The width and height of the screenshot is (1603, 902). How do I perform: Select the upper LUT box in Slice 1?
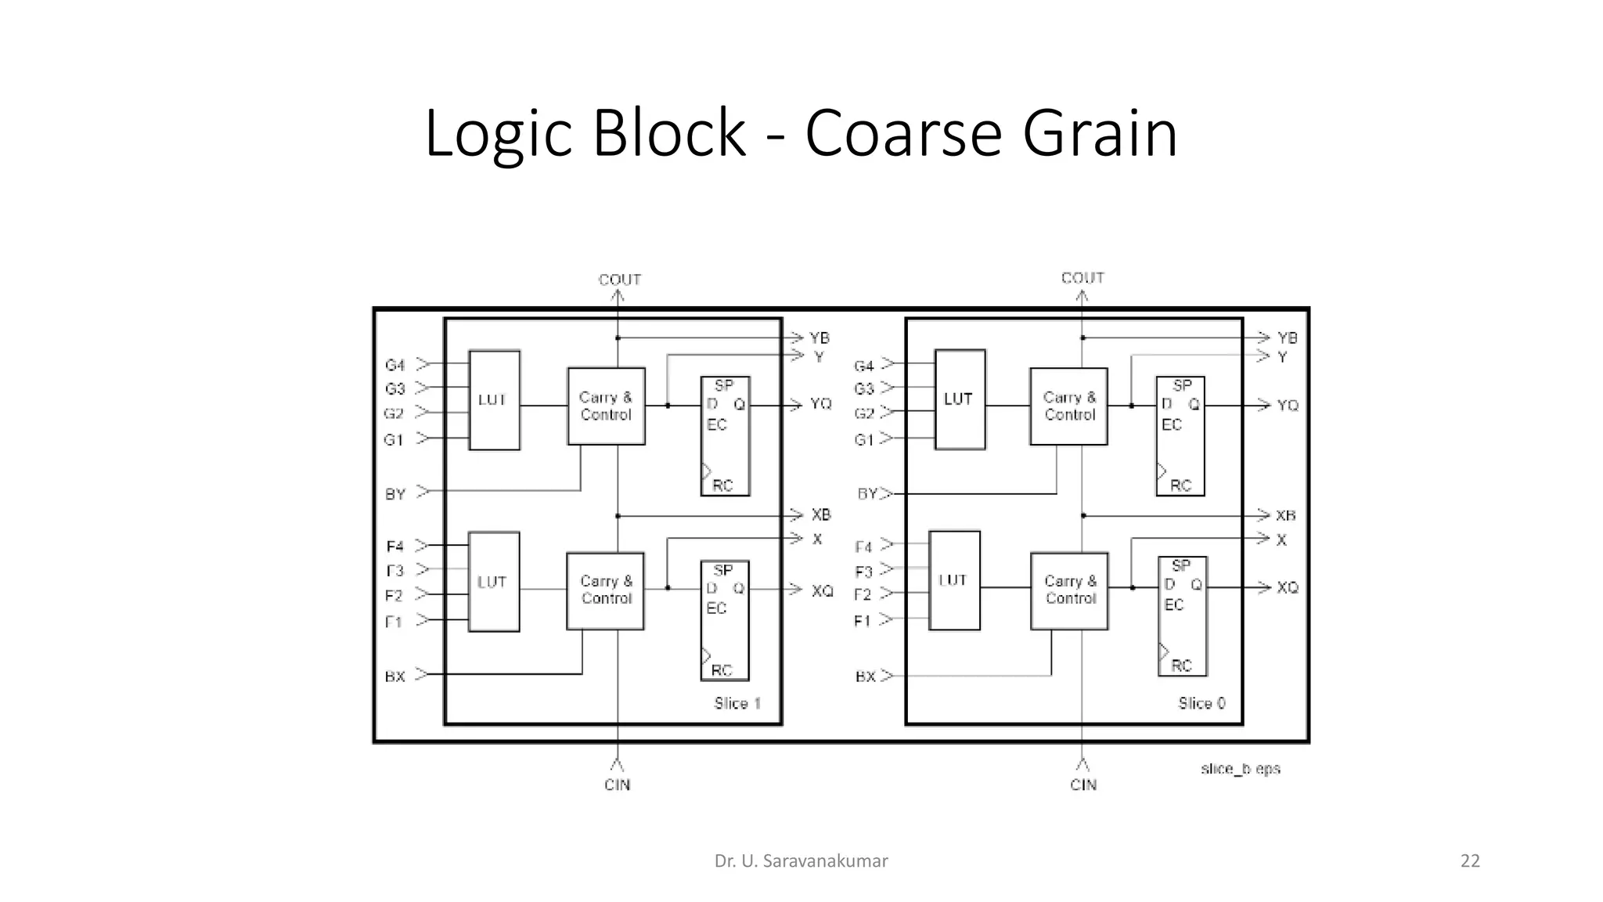(494, 400)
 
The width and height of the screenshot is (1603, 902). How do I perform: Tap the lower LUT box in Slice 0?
(954, 580)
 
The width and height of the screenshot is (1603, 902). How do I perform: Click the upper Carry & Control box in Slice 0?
(1068, 406)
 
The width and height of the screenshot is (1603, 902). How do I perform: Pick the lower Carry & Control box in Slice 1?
(605, 590)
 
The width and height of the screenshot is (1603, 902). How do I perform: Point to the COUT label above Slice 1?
(619, 280)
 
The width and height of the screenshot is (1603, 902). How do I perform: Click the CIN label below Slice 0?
(1083, 785)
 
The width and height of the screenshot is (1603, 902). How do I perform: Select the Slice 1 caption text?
(737, 703)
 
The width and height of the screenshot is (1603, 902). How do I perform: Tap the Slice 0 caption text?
(1201, 703)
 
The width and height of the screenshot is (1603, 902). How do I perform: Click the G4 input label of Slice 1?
(394, 366)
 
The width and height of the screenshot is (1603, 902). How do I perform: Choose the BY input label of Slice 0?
(867, 494)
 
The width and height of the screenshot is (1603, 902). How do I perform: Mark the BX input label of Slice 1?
(394, 676)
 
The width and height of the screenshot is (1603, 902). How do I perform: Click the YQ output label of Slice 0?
(1288, 406)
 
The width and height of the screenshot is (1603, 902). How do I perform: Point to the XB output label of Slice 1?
(820, 515)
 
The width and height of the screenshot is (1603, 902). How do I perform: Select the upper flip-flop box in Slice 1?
(725, 436)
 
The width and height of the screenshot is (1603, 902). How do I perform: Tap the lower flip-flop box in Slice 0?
(1182, 616)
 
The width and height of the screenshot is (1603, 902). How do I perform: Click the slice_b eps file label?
(1240, 769)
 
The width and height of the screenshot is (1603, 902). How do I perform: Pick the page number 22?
(1470, 861)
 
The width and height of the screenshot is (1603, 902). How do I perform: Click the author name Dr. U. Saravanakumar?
(801, 861)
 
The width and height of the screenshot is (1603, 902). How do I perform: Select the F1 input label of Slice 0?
(862, 621)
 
